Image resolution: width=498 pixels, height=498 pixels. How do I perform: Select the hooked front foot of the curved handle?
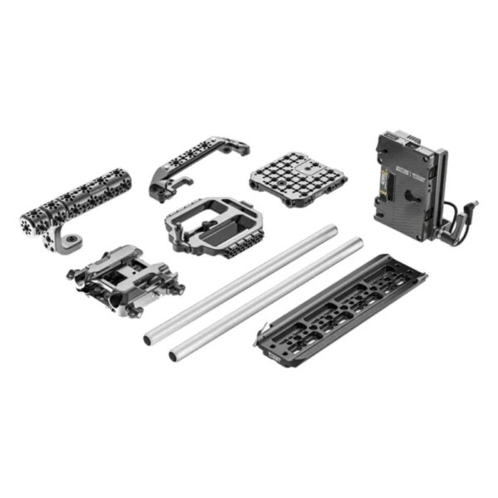[160, 192]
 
